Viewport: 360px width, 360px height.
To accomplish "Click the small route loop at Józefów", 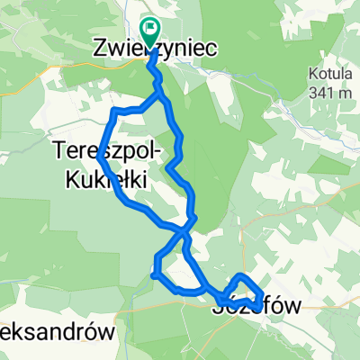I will coord(245,288).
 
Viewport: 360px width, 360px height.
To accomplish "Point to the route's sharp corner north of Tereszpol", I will coord(114,112).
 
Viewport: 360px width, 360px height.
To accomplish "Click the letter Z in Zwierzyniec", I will coord(101,52).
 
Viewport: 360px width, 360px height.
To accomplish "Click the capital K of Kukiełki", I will coord(73,178).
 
